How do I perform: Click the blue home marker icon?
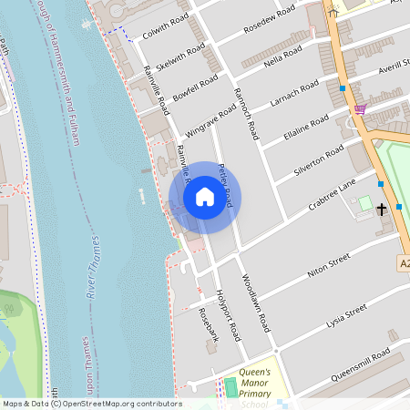click(204, 197)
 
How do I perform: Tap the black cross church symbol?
click(382, 209)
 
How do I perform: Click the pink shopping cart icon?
click(360, 109)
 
